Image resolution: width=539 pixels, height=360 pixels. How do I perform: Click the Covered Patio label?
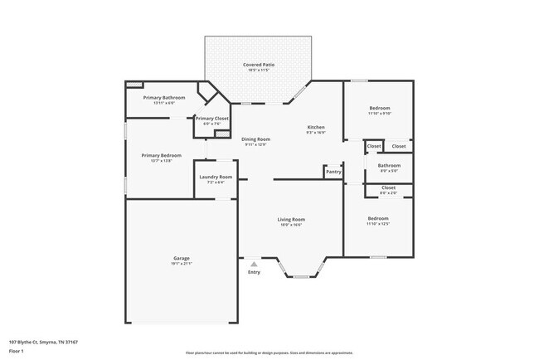tap(259, 65)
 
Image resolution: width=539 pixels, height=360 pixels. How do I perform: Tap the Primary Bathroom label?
tap(163, 98)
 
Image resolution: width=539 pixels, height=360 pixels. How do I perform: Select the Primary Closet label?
tap(211, 119)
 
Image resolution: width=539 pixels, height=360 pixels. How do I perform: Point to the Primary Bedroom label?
tap(161, 155)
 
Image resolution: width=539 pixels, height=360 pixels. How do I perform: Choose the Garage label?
tap(182, 258)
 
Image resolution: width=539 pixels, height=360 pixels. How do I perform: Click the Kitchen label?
tap(315, 127)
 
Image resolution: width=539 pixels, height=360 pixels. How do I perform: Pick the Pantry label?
tap(333, 172)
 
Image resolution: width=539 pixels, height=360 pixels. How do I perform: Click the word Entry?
tap(254, 272)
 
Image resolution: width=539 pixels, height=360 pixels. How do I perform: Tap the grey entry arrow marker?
tap(254, 265)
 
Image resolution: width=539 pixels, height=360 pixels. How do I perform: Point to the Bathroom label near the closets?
tap(389, 165)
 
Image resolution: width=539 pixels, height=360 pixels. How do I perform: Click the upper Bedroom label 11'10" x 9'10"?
tap(380, 108)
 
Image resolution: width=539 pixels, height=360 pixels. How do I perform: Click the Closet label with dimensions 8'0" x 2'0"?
tap(388, 187)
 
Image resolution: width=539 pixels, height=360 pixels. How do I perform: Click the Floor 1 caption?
tap(16, 350)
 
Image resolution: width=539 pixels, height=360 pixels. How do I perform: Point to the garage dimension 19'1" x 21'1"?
tap(182, 264)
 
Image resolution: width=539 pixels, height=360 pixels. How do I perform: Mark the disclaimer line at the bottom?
tap(268, 353)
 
